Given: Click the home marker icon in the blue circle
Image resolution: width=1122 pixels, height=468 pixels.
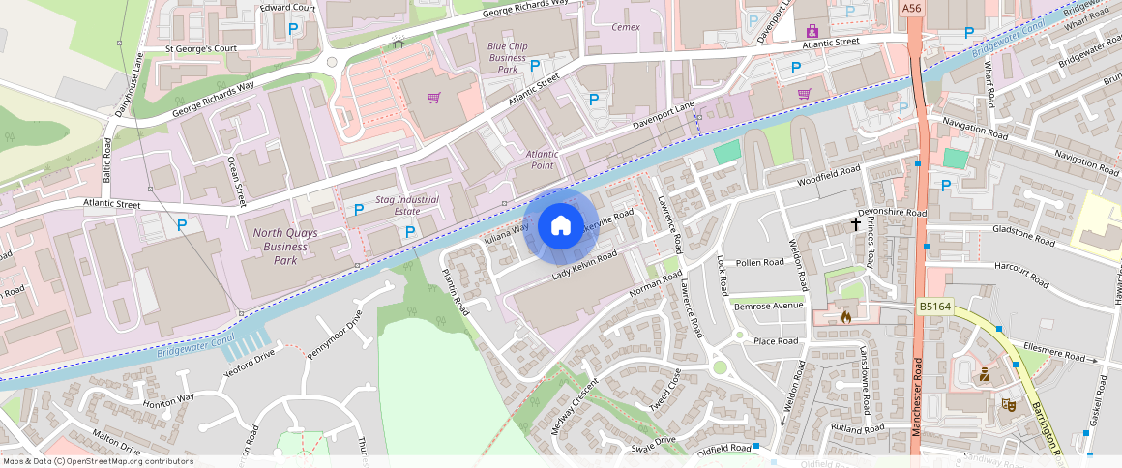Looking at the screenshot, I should [560, 227].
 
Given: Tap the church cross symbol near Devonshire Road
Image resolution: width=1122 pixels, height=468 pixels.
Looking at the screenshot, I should [855, 224].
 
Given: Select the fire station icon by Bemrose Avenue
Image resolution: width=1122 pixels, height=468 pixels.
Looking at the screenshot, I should [845, 315].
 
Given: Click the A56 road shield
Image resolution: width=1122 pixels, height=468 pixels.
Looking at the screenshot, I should [911, 8].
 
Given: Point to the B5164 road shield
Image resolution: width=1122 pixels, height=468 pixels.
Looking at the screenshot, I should [935, 307].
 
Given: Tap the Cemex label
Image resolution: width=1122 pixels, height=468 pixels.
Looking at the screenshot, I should [627, 27].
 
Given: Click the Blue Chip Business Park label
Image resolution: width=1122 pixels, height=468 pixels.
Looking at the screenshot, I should [508, 57].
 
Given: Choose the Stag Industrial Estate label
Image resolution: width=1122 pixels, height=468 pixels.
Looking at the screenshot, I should [407, 205].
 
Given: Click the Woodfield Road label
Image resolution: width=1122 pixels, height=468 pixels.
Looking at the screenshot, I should [828, 176].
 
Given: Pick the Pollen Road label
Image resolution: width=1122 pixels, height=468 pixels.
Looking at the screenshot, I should [759, 262].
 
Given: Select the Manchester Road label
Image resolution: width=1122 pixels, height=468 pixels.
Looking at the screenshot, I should [915, 396].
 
